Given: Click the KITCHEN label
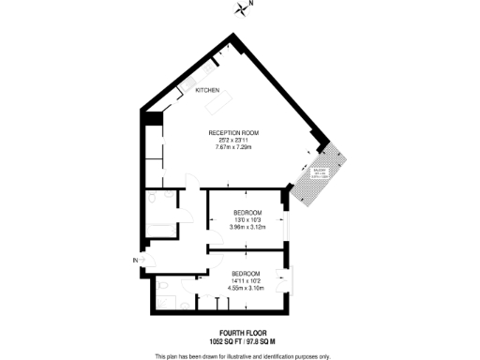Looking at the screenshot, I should pyautogui.click(x=208, y=91).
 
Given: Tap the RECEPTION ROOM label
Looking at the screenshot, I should pyautogui.click(x=233, y=133).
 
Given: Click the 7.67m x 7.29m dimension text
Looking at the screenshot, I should pyautogui.click(x=233, y=148).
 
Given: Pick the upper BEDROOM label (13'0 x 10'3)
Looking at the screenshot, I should pyautogui.click(x=247, y=212).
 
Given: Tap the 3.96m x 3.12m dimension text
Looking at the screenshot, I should pyautogui.click(x=247, y=227).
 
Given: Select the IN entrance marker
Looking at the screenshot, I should pyautogui.click(x=136, y=260).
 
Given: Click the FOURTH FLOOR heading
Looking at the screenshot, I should pyautogui.click(x=240, y=333).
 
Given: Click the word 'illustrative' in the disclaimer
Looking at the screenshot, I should pyautogui.click(x=243, y=356).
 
